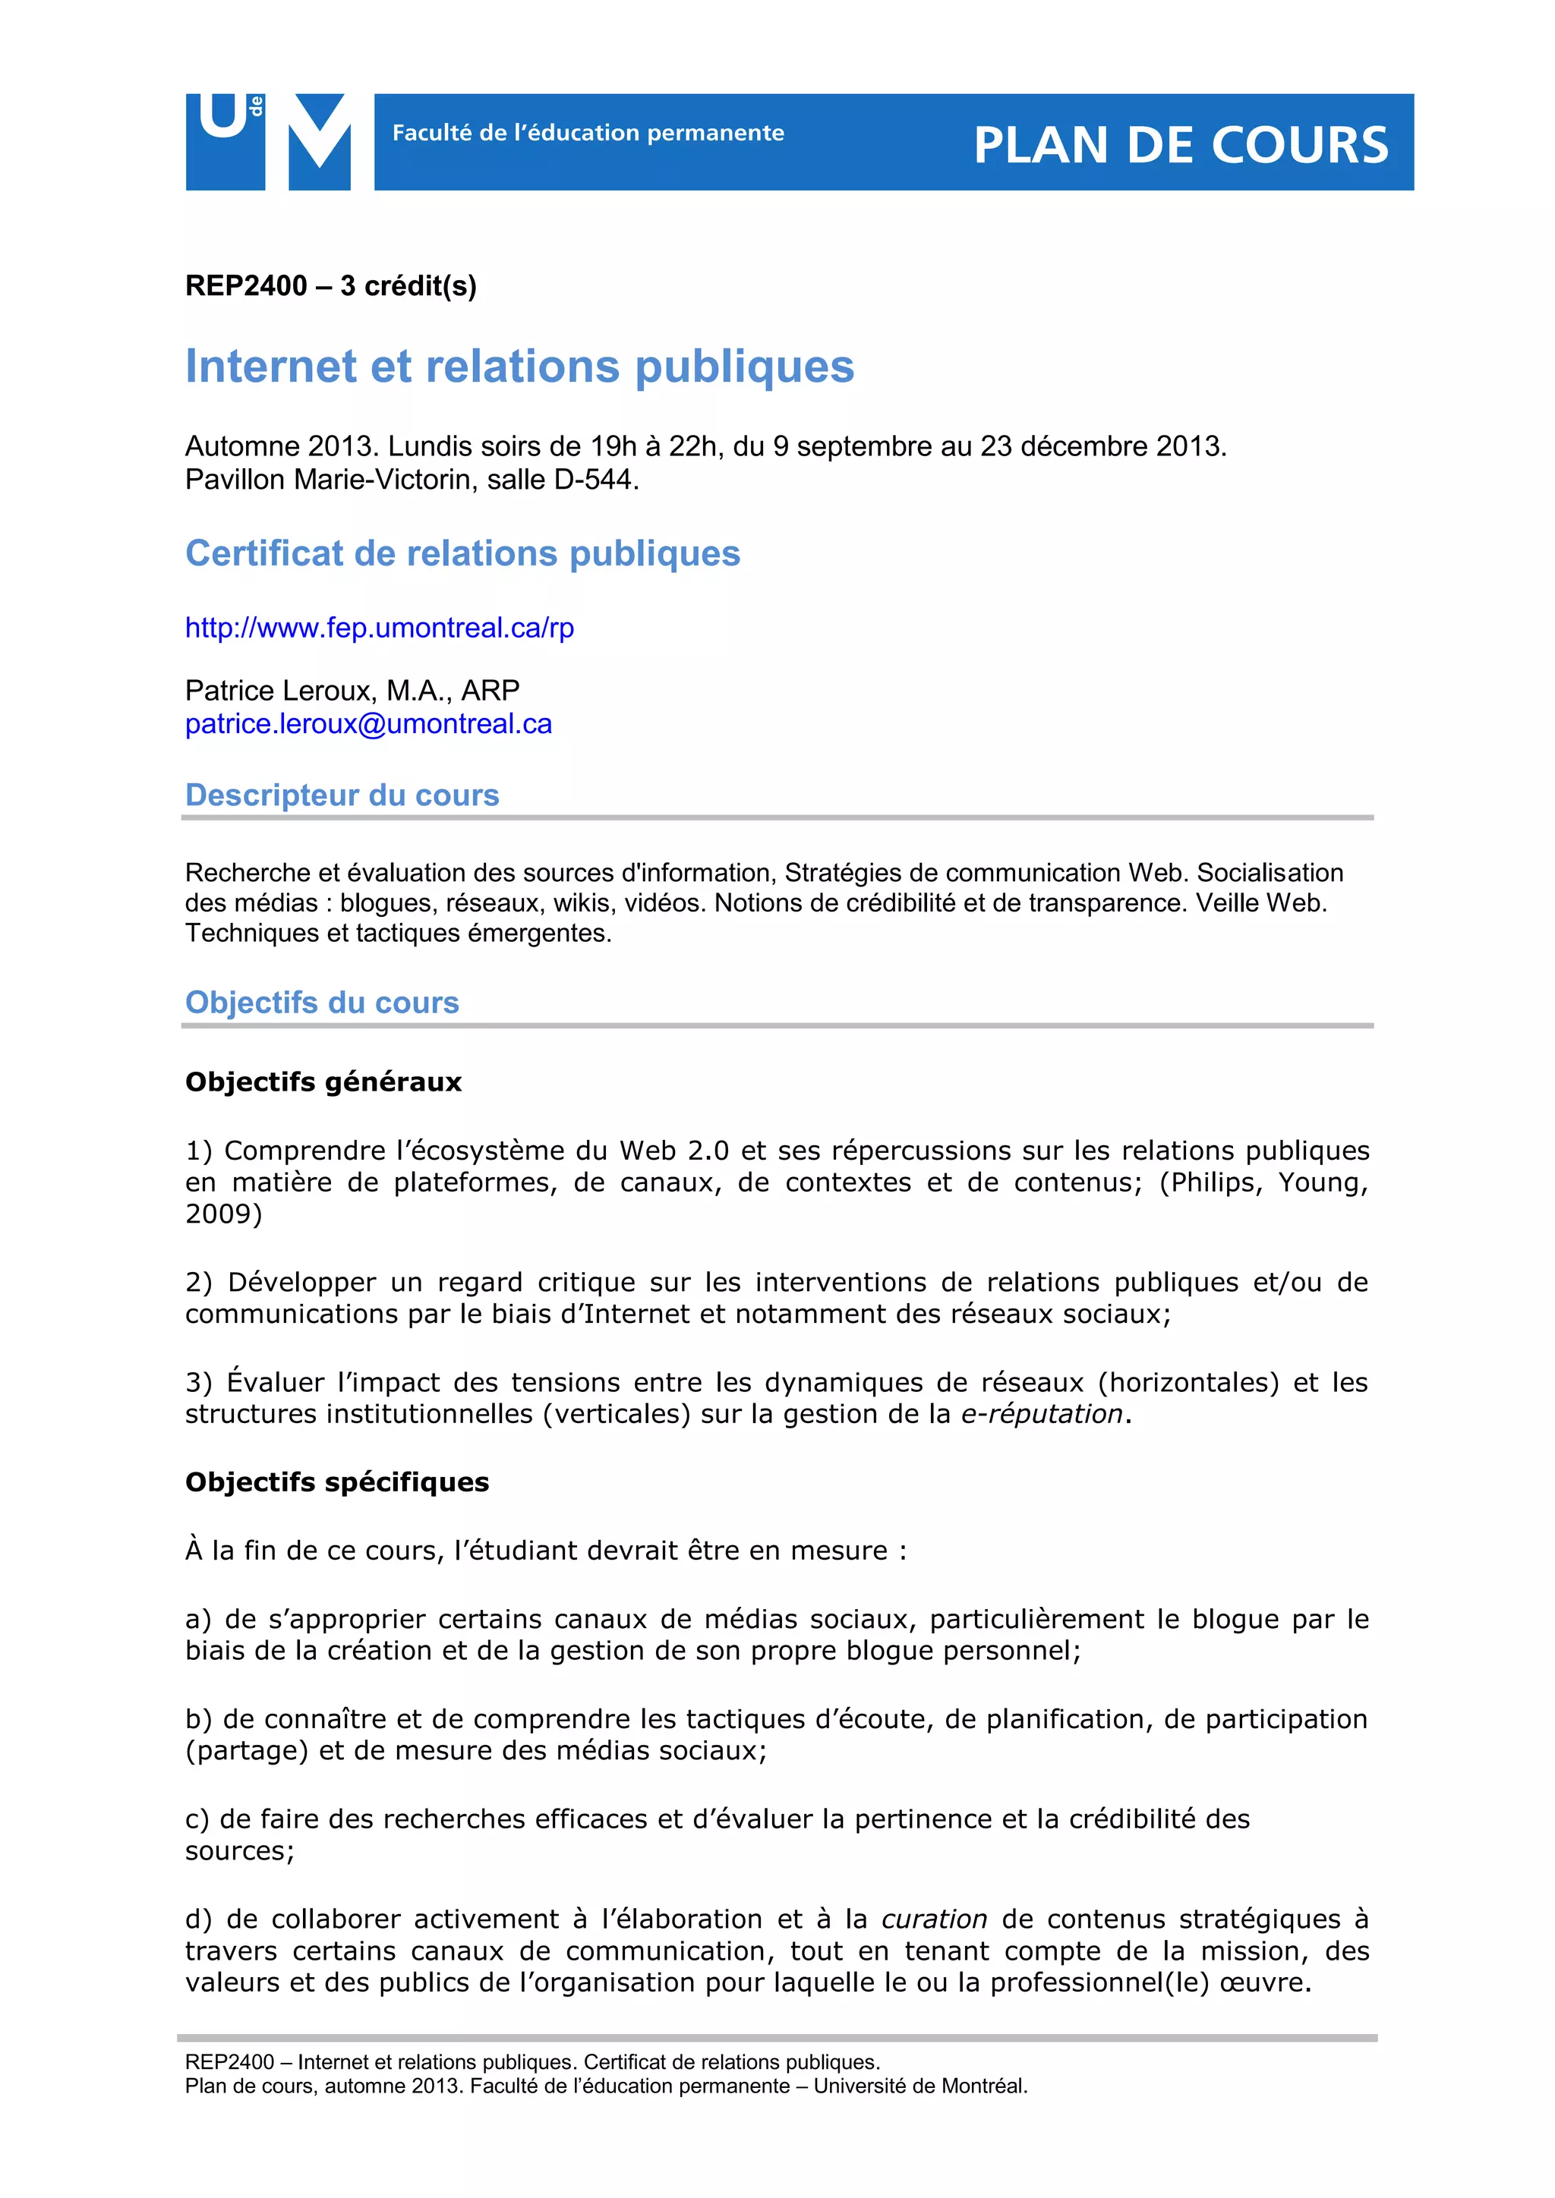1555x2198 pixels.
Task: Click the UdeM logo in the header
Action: pyautogui.click(x=268, y=142)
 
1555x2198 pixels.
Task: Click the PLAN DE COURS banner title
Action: pyautogui.click(x=1181, y=146)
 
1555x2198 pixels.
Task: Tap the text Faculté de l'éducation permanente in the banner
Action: pyautogui.click(x=588, y=133)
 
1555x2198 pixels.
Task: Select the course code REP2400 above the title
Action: pyautogui.click(x=246, y=286)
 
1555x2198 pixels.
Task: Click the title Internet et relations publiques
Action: pyautogui.click(x=519, y=367)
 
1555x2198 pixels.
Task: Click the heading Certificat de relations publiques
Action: pyautogui.click(x=462, y=553)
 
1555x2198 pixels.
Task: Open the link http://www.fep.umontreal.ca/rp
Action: pyautogui.click(x=379, y=628)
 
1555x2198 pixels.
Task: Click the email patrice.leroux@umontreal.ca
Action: pyautogui.click(x=369, y=724)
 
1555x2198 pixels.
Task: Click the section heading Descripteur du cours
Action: pyautogui.click(x=342, y=795)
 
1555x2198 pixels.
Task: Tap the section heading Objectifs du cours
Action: pyautogui.click(x=322, y=1003)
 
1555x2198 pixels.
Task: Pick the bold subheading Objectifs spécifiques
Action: pyautogui.click(x=337, y=1482)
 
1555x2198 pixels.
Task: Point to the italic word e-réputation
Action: pyautogui.click(x=1041, y=1414)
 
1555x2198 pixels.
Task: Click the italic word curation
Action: pyautogui.click(x=934, y=1919)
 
